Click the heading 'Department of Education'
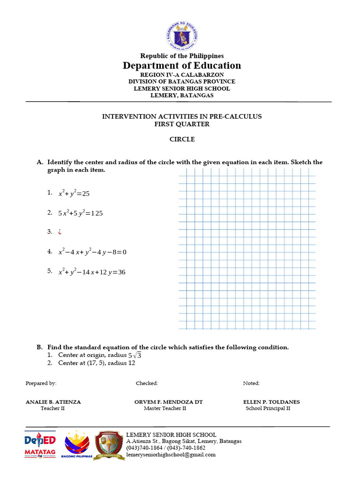[x=182, y=66]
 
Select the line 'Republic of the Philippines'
[x=182, y=56]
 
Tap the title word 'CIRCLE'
[x=182, y=139]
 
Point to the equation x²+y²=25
[x=74, y=193]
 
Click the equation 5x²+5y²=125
[x=80, y=213]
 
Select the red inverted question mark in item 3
[x=60, y=232]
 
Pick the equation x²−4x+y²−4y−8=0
[x=92, y=252]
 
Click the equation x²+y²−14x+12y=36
[x=91, y=272]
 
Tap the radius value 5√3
[x=135, y=355]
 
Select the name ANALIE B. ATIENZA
[x=53, y=402]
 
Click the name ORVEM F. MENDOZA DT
[x=168, y=402]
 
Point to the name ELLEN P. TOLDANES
[x=271, y=402]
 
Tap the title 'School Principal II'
[x=268, y=408]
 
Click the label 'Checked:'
[x=147, y=383]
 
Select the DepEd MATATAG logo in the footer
[x=40, y=444]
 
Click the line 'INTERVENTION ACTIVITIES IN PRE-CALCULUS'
[x=182, y=116]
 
